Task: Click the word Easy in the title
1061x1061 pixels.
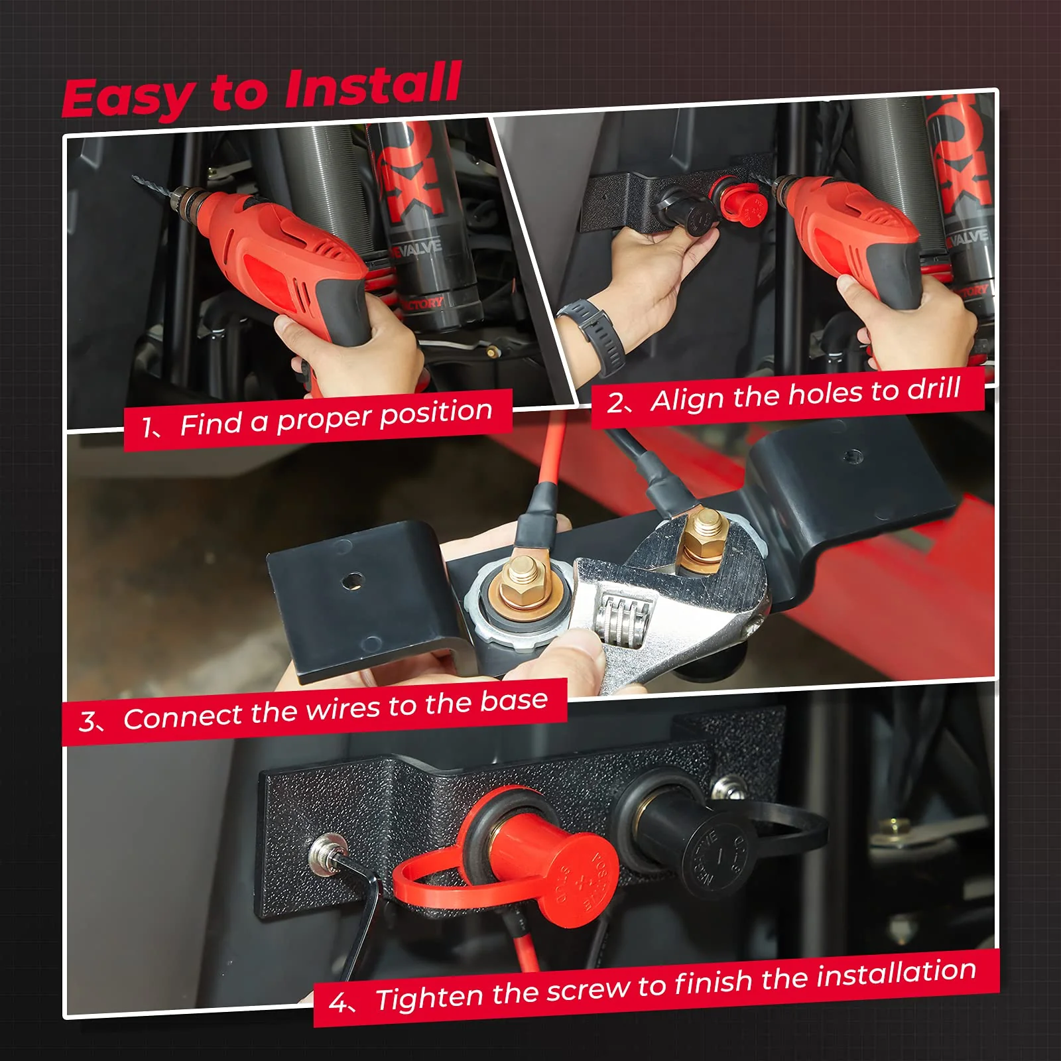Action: point(126,98)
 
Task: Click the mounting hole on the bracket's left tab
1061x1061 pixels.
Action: point(351,581)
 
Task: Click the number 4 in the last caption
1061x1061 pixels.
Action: point(337,1003)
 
